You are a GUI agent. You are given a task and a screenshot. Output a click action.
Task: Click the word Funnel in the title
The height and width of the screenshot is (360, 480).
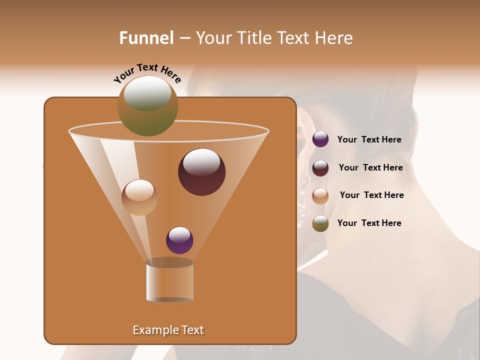pos(146,38)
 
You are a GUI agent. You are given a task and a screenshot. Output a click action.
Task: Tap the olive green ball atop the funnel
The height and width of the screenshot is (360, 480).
pos(148,106)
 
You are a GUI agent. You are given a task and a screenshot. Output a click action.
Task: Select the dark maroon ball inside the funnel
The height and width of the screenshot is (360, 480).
pos(201,172)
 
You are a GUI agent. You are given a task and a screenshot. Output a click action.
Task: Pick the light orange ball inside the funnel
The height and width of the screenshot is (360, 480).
pos(139,197)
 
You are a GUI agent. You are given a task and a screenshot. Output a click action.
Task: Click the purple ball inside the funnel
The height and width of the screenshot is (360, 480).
pos(179,240)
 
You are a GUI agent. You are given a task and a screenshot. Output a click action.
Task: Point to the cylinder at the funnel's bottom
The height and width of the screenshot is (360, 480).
pos(169,281)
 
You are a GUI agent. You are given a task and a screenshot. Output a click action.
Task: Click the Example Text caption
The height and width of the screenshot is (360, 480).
pos(168,330)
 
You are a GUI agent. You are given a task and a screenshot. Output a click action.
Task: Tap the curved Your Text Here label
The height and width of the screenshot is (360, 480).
pos(147,73)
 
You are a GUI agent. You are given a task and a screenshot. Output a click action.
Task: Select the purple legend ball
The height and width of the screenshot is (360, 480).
pos(320,139)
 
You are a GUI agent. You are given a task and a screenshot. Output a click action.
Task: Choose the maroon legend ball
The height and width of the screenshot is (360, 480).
pos(320,168)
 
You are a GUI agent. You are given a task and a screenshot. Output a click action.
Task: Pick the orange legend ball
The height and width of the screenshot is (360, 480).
pos(320,196)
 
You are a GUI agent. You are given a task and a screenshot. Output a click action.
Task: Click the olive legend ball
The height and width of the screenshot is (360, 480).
pos(320,223)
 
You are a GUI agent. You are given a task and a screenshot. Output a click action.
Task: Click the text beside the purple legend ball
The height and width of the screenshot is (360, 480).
pos(369,139)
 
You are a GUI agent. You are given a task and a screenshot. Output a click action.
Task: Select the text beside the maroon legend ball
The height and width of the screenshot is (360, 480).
pos(370,167)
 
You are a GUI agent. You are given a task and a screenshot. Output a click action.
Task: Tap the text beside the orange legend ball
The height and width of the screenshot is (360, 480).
pos(371,195)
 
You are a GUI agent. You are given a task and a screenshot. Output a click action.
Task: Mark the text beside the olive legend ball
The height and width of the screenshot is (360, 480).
pos(369,223)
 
